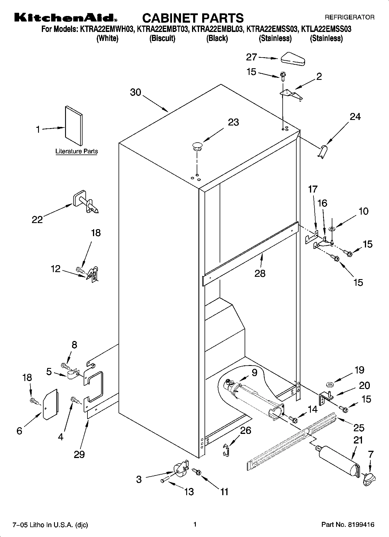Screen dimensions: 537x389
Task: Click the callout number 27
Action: click(x=251, y=57)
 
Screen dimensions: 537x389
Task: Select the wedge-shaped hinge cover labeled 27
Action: click(x=292, y=59)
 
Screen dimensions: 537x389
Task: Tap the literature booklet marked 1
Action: click(x=74, y=125)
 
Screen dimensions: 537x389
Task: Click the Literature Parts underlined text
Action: click(x=76, y=151)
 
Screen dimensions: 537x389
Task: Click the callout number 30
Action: click(x=135, y=92)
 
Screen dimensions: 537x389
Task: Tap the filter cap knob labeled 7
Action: click(x=369, y=478)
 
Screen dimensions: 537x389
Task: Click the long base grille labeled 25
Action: click(x=291, y=441)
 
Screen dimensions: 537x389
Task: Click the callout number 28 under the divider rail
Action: click(x=260, y=273)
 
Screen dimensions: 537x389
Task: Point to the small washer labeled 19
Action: click(x=329, y=385)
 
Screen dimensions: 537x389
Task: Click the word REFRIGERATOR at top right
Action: click(x=349, y=17)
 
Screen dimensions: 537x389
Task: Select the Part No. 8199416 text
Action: click(x=347, y=525)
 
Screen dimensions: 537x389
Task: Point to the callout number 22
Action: click(x=37, y=219)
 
